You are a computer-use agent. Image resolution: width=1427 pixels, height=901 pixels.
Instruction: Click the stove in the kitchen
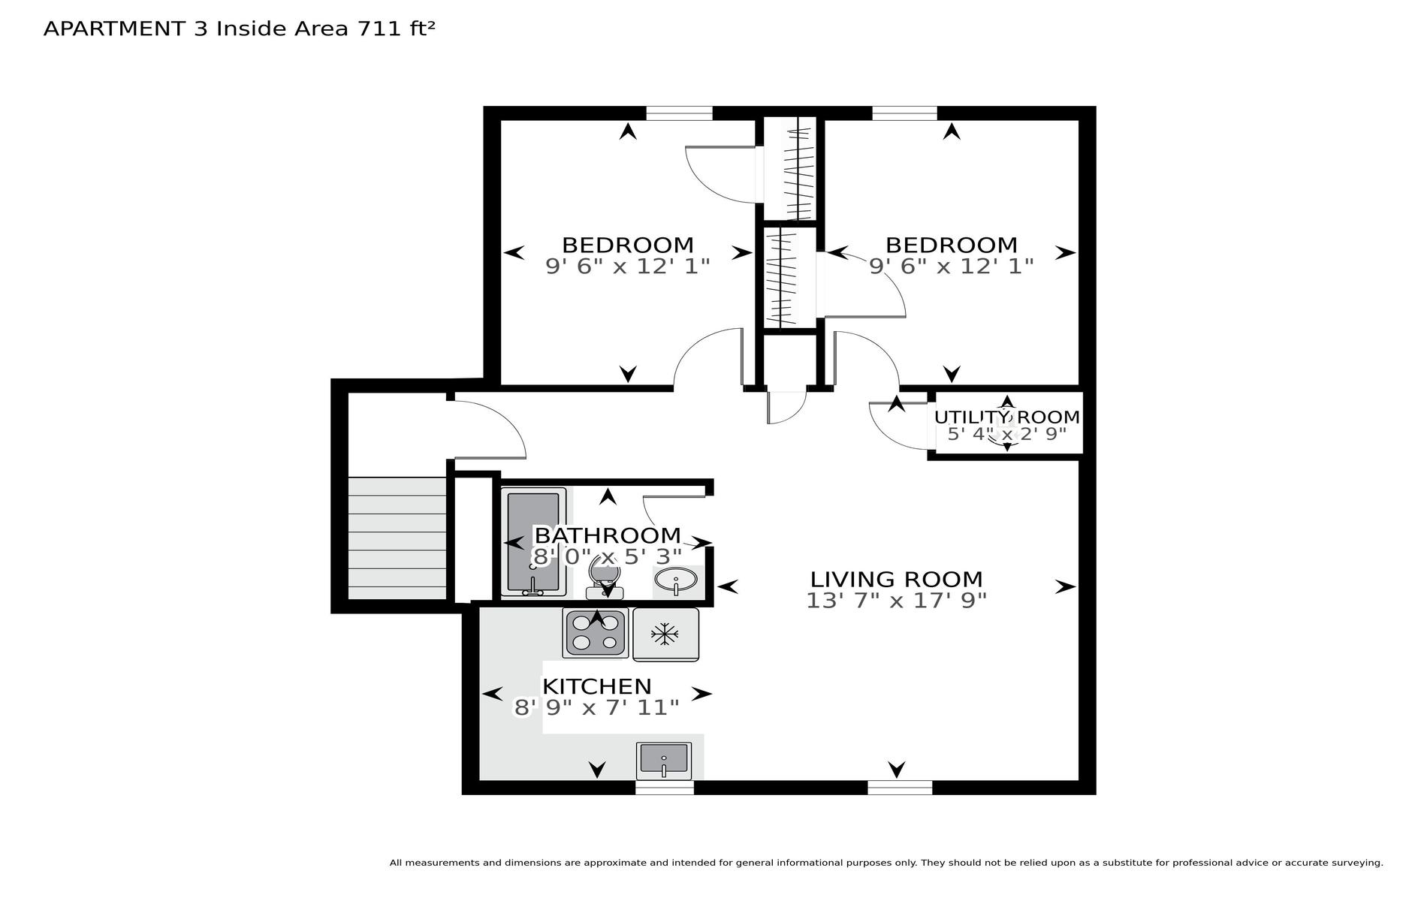pos(596,633)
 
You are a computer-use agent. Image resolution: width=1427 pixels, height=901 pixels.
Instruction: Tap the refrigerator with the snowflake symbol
pos(665,634)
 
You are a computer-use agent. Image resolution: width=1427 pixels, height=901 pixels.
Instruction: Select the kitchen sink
pos(663,760)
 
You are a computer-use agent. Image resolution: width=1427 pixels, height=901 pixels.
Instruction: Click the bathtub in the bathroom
pos(533,541)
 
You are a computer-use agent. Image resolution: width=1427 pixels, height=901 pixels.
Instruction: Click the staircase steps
pos(398,538)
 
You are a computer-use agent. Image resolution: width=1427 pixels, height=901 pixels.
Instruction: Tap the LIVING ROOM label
pos(896,579)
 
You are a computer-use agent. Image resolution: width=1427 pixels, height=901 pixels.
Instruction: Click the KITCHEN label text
pos(597,686)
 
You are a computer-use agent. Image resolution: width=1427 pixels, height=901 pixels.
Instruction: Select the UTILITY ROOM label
pos(1007,417)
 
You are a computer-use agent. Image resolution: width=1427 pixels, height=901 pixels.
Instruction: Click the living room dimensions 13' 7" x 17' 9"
pos(896,601)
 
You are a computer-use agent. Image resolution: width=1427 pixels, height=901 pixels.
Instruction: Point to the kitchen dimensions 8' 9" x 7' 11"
pos(596,708)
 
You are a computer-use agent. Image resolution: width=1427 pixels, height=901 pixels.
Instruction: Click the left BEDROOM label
pos(628,245)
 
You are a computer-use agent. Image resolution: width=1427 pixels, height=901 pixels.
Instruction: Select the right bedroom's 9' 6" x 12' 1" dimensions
pos(952,266)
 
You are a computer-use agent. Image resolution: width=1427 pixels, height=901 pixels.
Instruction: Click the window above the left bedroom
pos(679,113)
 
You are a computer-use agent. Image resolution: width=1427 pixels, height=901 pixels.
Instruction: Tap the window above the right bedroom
pos(904,113)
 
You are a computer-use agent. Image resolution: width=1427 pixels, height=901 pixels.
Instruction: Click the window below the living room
pos(900,788)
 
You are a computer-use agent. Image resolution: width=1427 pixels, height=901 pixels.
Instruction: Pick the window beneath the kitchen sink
pos(665,788)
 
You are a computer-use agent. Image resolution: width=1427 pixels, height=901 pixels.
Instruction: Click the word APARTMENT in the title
pos(114,29)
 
